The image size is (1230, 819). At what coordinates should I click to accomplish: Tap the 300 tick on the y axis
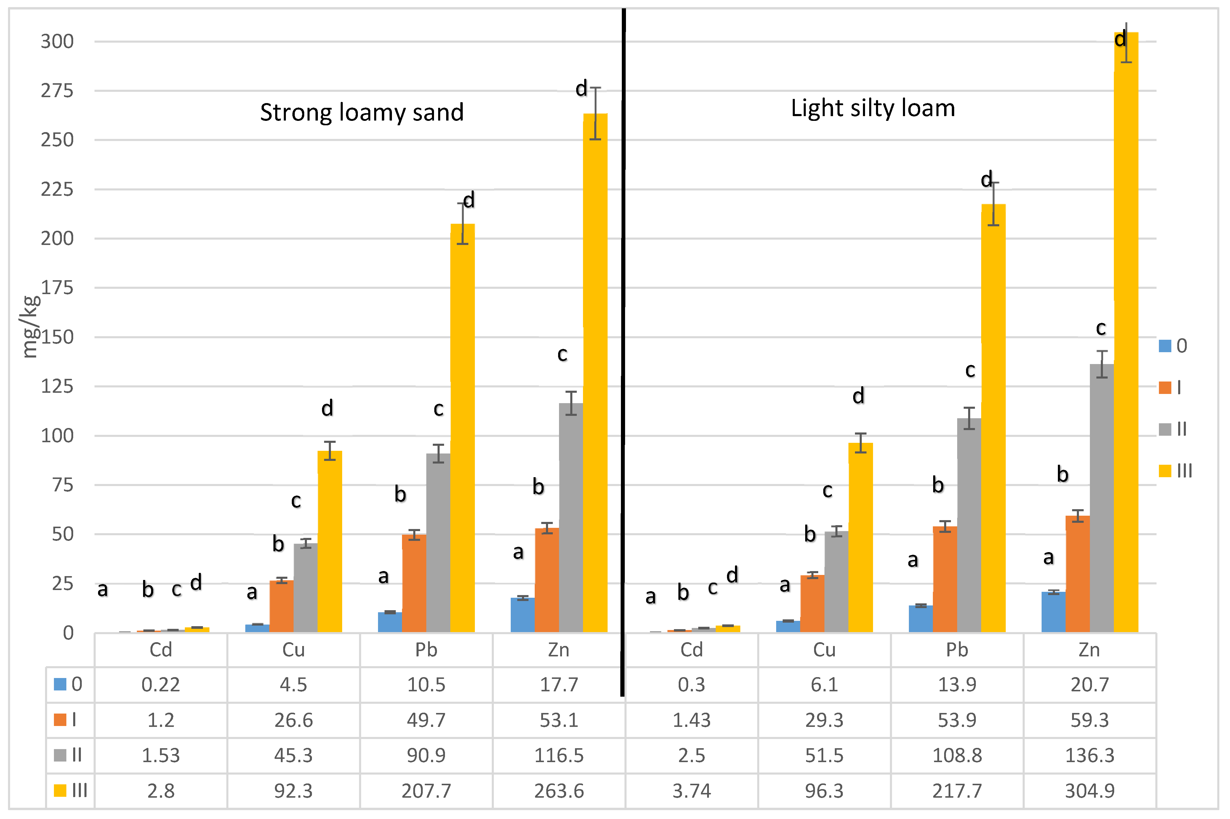(x=57, y=41)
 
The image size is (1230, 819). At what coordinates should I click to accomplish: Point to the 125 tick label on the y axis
(x=57, y=387)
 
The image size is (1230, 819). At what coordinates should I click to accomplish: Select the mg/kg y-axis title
(x=30, y=326)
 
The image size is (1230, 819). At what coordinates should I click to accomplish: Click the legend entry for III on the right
(x=1175, y=471)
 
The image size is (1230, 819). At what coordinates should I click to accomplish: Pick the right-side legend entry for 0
(x=1173, y=346)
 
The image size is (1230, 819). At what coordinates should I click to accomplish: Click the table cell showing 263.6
(x=558, y=791)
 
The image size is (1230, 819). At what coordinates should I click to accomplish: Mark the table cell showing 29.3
(x=824, y=720)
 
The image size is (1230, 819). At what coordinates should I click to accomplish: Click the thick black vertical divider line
(x=623, y=350)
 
